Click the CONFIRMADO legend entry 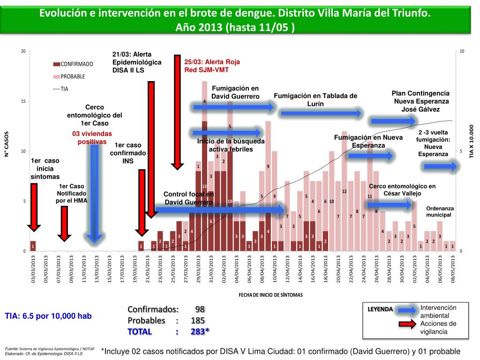click(76, 64)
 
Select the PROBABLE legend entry click(73, 76)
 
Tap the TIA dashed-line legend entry click(64, 88)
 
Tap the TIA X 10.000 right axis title click(472, 141)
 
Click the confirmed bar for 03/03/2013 click(33, 246)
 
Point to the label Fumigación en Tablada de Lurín click(315, 99)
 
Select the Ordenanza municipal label click(438, 211)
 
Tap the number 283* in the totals click(200, 332)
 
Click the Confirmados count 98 click(200, 310)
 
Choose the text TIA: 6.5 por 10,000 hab click(48, 316)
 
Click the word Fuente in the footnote click(11, 349)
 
